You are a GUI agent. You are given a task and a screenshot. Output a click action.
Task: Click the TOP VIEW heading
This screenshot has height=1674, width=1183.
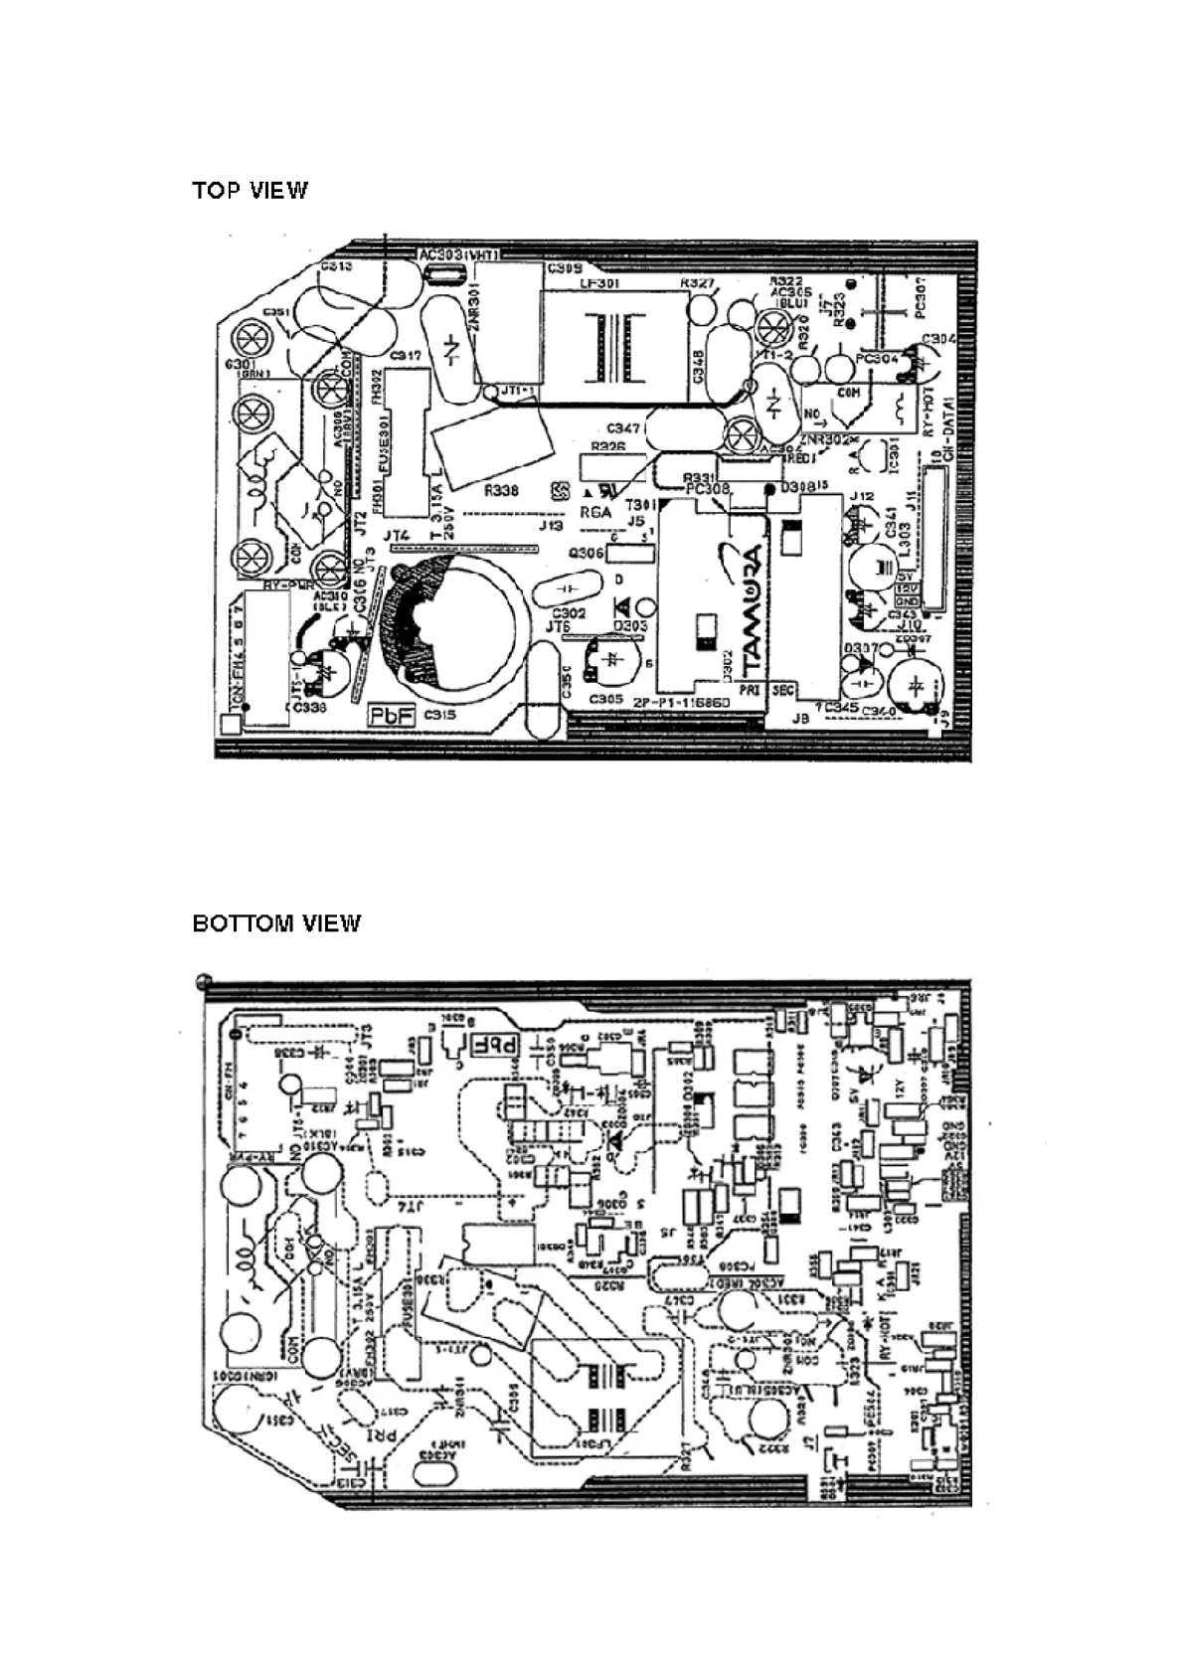point(251,191)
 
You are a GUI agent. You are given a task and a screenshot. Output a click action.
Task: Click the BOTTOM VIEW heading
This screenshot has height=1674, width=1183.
point(276,923)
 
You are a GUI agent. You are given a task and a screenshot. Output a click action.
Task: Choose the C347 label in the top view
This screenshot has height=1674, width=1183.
point(624,428)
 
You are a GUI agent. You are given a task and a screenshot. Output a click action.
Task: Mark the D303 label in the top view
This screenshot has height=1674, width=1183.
point(631,626)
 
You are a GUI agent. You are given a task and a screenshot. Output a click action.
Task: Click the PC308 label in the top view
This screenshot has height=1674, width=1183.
point(707,489)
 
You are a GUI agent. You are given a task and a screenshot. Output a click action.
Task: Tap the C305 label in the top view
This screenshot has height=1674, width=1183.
point(605,699)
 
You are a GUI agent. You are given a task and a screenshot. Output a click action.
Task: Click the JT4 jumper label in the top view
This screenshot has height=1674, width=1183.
point(398,537)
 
